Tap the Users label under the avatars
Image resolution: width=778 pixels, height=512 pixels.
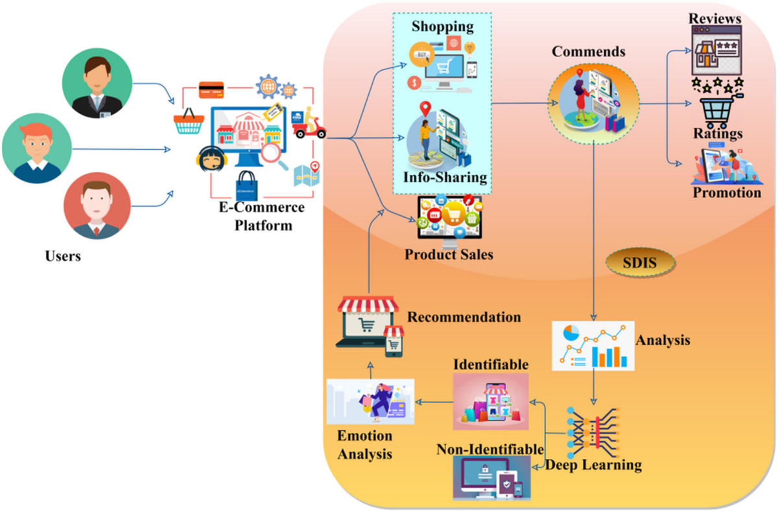pyautogui.click(x=63, y=256)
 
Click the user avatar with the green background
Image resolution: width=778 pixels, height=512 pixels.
pyautogui.click(x=97, y=84)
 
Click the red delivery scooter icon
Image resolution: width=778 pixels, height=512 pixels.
pyautogui.click(x=309, y=123)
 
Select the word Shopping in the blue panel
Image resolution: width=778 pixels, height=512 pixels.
pyautogui.click(x=443, y=27)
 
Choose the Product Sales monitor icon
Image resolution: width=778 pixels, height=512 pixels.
pyautogui.click(x=449, y=220)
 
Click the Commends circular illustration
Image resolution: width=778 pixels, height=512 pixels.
pyautogui.click(x=593, y=104)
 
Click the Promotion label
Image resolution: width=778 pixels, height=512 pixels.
pyautogui.click(x=726, y=192)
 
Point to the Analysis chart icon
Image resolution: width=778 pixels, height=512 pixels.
pyautogui.click(x=593, y=345)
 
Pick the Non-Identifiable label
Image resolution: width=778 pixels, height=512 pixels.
pyautogui.click(x=490, y=449)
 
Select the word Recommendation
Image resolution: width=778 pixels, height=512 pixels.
pyautogui.click(x=464, y=317)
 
